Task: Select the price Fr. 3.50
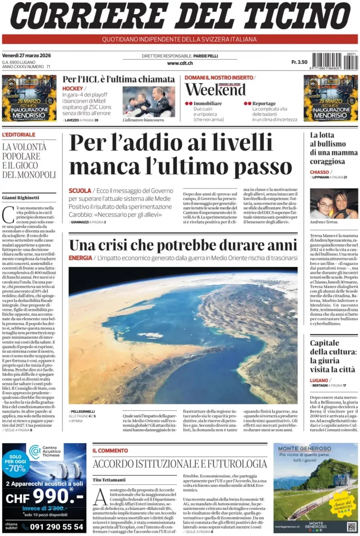pos(299,62)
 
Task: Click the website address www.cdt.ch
pos(180,63)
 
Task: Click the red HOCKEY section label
pos(73,88)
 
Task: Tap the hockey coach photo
pos(149,101)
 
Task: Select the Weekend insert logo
pos(215,90)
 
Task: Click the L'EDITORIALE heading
pos(19,135)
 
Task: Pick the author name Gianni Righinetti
pos(21,197)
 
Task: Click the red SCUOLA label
pos(80,191)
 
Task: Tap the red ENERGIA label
pos(80,258)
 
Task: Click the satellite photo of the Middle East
pos(183,335)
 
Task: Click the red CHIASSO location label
pos(319,172)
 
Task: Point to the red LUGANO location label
pos(319,379)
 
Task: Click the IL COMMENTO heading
pos(110,450)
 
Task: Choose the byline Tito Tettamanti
pos(109,479)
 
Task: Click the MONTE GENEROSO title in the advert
pos(301,449)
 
